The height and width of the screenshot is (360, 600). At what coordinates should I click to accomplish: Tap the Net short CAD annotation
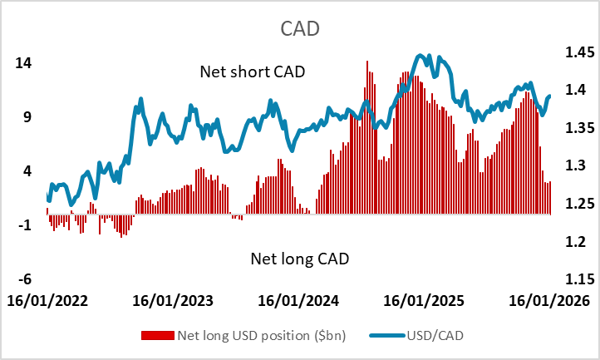coord(253,72)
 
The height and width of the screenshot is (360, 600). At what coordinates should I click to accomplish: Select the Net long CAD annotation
coord(299,259)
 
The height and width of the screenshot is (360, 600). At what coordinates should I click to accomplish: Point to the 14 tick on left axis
coord(22,63)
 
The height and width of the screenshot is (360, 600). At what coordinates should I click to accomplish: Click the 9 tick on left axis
coord(27,117)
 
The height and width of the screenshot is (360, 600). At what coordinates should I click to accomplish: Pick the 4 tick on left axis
coord(27,171)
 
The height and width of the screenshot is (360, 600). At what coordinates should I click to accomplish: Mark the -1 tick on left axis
coord(24,225)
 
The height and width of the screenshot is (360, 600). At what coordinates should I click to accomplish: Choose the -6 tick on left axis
coord(24,279)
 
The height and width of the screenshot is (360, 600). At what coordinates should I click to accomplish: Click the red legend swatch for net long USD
coord(159,336)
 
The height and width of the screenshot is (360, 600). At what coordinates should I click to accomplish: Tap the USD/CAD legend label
coord(435,336)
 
